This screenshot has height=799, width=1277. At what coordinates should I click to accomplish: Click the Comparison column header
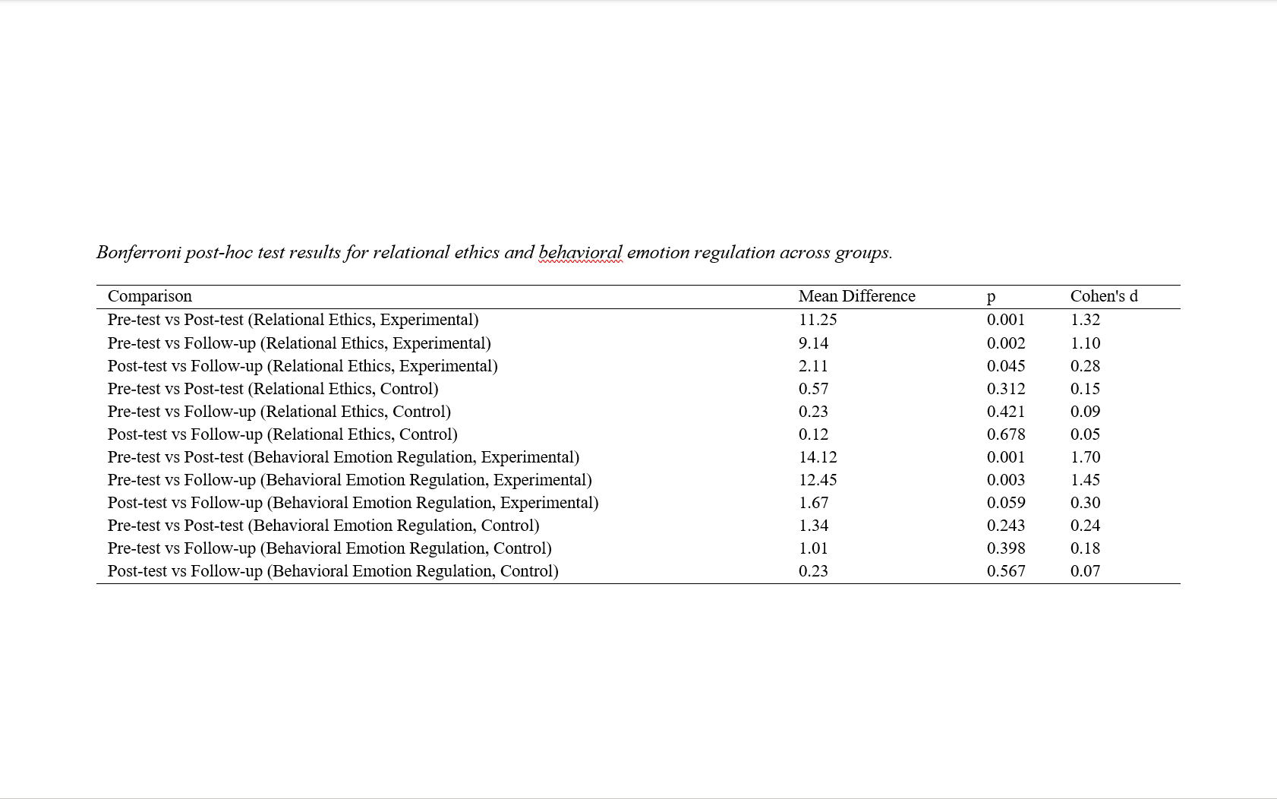(150, 296)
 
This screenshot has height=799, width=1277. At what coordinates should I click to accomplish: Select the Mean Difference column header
(856, 296)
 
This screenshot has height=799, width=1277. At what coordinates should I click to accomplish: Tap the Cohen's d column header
(1103, 296)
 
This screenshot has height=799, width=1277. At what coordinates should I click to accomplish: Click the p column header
(991, 297)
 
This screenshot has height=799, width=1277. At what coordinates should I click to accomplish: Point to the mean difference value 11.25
(818, 320)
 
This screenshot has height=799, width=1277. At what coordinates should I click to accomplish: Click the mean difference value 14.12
(818, 457)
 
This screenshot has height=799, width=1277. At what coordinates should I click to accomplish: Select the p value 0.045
(1006, 366)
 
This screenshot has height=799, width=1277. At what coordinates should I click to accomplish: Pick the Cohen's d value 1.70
(1085, 457)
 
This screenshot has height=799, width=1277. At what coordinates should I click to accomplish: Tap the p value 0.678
(1006, 434)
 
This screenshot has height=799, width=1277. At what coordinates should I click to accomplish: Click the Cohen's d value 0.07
(1085, 571)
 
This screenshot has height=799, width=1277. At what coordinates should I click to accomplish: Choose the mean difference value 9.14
(813, 343)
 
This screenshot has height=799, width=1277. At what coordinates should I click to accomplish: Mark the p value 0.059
(1006, 503)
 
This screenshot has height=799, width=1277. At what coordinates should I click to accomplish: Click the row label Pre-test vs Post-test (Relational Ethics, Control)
(273, 389)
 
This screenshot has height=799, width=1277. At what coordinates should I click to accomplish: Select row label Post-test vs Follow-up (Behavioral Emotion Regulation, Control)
(333, 571)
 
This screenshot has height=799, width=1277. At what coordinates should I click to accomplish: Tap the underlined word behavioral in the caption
(580, 252)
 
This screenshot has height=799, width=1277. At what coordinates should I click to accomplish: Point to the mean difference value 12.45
(818, 480)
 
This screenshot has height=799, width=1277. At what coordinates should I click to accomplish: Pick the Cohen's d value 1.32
(1085, 320)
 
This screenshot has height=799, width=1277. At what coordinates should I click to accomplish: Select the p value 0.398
(1006, 548)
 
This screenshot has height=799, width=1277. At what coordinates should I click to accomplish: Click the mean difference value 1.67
(813, 503)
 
